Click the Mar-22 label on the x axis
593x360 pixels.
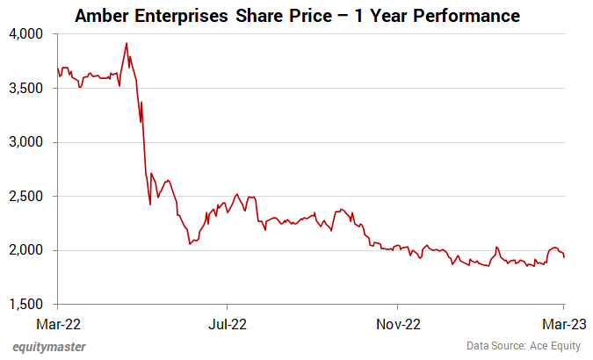tap(57, 322)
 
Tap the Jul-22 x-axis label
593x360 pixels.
tap(227, 322)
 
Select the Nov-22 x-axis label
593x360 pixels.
tap(396, 322)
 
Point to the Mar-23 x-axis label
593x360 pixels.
tap(563, 322)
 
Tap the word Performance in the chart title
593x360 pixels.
tap(461, 16)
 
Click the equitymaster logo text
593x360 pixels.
tap(49, 347)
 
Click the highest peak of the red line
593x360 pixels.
tap(127, 43)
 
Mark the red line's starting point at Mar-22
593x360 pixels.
tap(57, 68)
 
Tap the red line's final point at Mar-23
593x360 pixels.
tap(563, 256)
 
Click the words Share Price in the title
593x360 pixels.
tap(297, 16)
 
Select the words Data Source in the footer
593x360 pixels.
tap(491, 347)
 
